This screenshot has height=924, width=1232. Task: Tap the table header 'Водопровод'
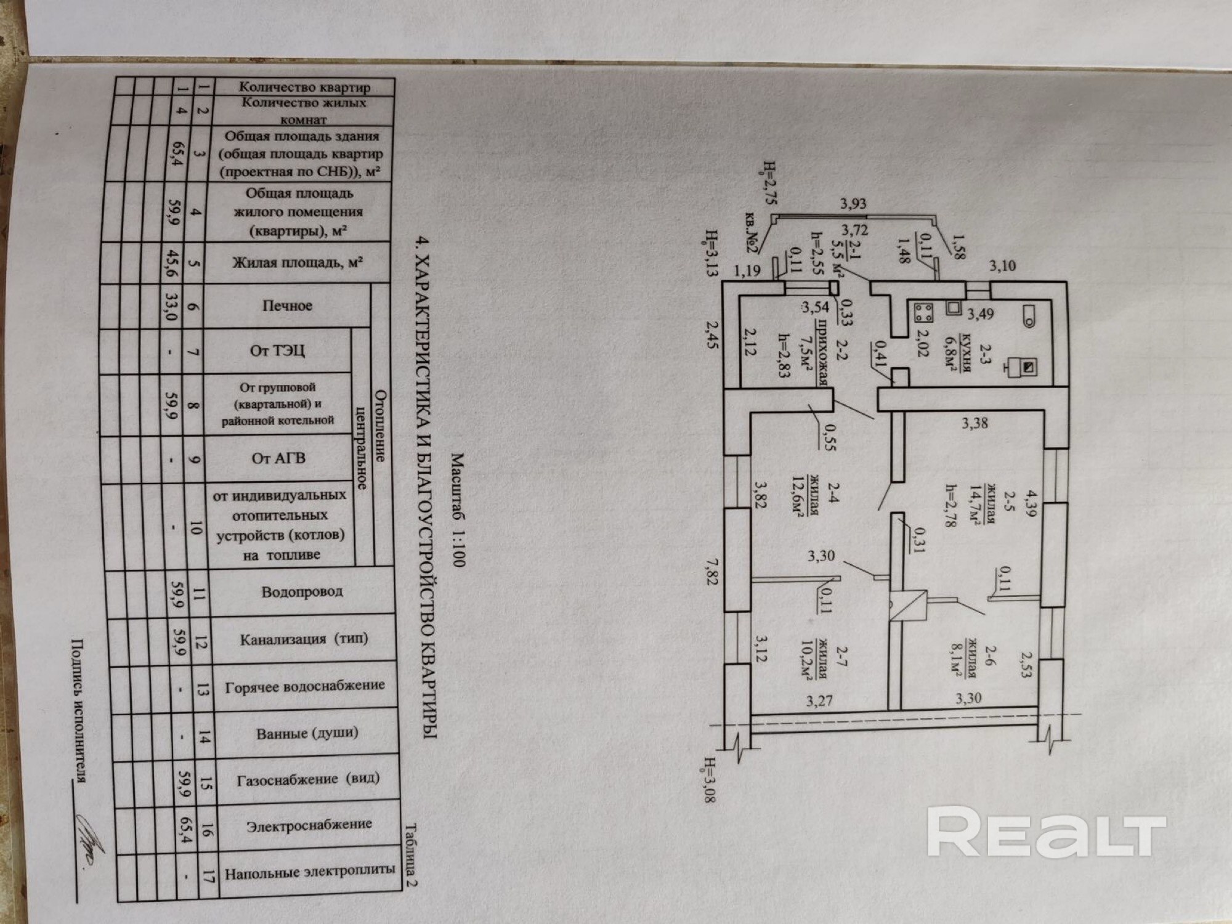[x=302, y=592]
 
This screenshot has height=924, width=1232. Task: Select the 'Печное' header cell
[x=287, y=306]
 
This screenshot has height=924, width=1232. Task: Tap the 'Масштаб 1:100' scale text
[x=459, y=510]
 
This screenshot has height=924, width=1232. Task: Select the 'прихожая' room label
[x=821, y=354]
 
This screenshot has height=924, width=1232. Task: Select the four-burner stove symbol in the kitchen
[x=922, y=312]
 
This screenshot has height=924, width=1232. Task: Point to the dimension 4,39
[x=1027, y=502]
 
